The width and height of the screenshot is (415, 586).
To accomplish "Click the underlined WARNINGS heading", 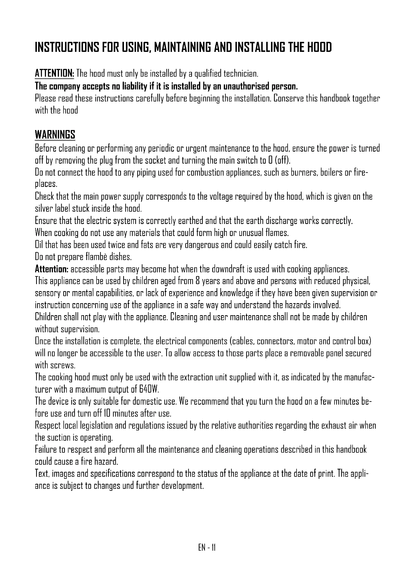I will pos(55,135).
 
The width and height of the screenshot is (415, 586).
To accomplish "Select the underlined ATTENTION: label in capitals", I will pos(54,73).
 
